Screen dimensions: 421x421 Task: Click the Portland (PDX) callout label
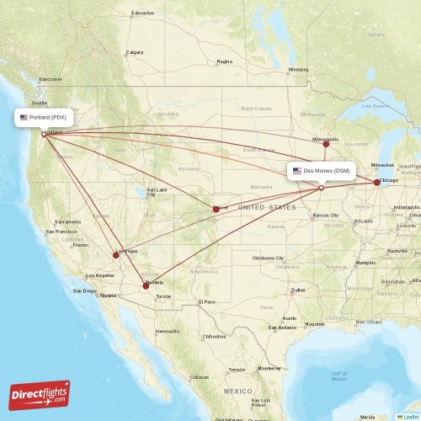click(44, 118)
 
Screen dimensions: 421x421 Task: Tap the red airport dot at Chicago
click(376, 182)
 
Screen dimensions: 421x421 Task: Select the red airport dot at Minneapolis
click(326, 144)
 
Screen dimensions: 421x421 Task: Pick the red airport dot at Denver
click(216, 209)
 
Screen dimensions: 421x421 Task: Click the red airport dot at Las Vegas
click(116, 254)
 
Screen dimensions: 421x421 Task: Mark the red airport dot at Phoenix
click(146, 285)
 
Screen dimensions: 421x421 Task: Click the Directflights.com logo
click(40, 394)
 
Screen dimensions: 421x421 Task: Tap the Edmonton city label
click(143, 13)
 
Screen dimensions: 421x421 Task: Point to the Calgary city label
click(135, 52)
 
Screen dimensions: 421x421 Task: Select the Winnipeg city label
click(299, 69)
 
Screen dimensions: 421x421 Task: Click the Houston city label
click(315, 324)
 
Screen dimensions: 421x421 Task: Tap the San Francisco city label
click(61, 231)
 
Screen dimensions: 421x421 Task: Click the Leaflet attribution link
click(408, 417)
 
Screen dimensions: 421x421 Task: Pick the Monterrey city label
click(269, 369)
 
